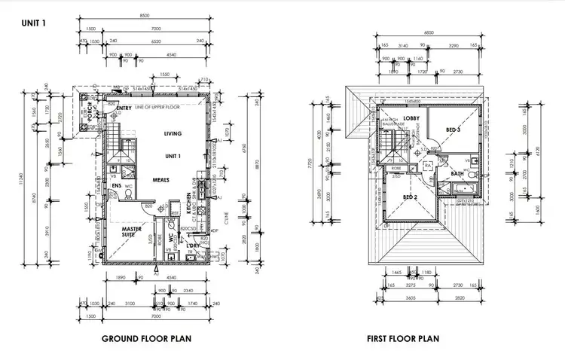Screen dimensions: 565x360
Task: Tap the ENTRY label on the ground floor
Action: click(124, 108)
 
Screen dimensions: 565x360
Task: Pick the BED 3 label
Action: click(453, 130)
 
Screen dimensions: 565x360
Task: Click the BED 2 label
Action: click(410, 197)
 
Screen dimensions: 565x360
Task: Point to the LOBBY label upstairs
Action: click(411, 118)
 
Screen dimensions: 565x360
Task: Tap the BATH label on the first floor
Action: click(457, 173)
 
